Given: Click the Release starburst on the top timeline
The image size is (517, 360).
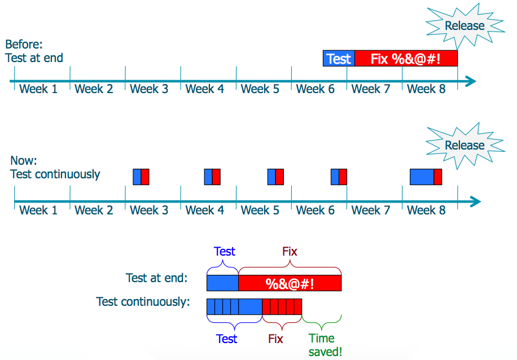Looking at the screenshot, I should coord(463,26).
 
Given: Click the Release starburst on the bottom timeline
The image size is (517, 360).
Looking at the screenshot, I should coord(463,146).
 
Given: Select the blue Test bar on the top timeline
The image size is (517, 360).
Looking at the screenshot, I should coord(339,59).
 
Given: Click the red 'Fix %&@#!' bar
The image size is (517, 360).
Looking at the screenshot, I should coord(405,59).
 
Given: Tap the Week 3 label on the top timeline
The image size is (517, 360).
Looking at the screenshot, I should coord(149,89).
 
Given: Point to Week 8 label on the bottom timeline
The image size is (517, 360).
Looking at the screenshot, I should coord(426,210).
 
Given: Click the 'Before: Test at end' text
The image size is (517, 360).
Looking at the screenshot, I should coord(34,51).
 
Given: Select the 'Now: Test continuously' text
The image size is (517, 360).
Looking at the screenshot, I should coord(55,167).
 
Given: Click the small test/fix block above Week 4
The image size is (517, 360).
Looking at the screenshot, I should coord(212,177).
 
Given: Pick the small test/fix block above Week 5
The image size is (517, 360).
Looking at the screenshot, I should coord(275,177).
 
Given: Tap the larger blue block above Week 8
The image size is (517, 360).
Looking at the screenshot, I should coord(422,177).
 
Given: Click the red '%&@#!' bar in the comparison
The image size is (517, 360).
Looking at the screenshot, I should coord(290,283).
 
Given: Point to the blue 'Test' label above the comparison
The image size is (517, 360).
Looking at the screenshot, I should coord(224,252).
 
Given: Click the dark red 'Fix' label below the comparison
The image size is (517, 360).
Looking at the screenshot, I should coord(275,339).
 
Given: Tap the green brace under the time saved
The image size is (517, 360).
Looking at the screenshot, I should coord(322,325).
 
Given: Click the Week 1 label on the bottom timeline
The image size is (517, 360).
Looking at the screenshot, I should coord(38,210).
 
